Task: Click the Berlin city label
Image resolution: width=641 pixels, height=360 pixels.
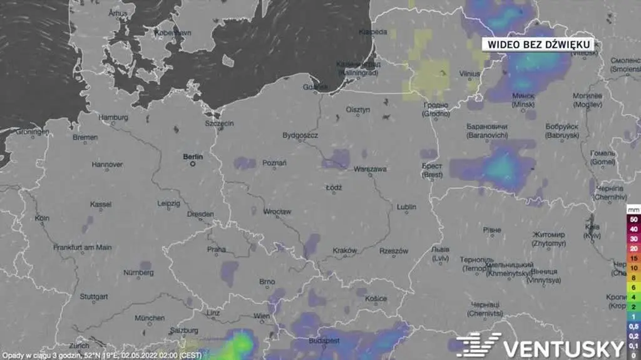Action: [193, 157]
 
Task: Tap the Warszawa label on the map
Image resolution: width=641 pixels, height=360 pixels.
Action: [370, 169]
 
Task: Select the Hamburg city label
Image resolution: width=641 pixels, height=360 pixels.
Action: [113, 117]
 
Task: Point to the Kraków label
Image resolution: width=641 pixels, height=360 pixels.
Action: [344, 250]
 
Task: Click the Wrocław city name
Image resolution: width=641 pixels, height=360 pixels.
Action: [277, 212]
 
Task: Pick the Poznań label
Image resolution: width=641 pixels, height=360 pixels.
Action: [274, 163]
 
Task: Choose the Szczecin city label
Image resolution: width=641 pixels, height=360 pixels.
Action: [219, 123]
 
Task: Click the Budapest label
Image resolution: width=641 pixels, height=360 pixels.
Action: [324, 341]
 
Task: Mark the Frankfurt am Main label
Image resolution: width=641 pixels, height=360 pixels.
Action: [83, 247]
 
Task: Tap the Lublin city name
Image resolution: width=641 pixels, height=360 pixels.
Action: [406, 207]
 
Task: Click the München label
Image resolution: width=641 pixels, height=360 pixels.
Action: [150, 317]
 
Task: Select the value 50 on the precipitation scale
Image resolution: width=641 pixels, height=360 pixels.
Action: [633, 220]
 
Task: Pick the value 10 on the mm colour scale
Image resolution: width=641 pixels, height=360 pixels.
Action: [633, 267]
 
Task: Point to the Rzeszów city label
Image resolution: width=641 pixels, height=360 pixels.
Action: [394, 251]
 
